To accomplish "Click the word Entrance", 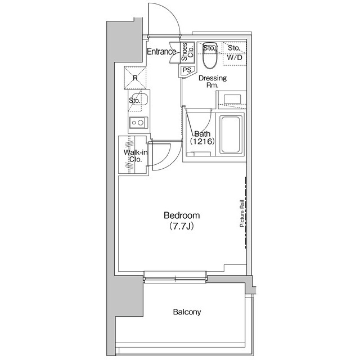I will tap(161, 52).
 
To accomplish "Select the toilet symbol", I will tap(210, 55).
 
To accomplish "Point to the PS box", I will tap(186, 70).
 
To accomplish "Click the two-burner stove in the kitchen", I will tap(137, 122).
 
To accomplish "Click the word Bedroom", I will tap(182, 215).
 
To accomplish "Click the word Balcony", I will tap(187, 312).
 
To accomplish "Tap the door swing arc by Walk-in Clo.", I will tap(161, 155).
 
